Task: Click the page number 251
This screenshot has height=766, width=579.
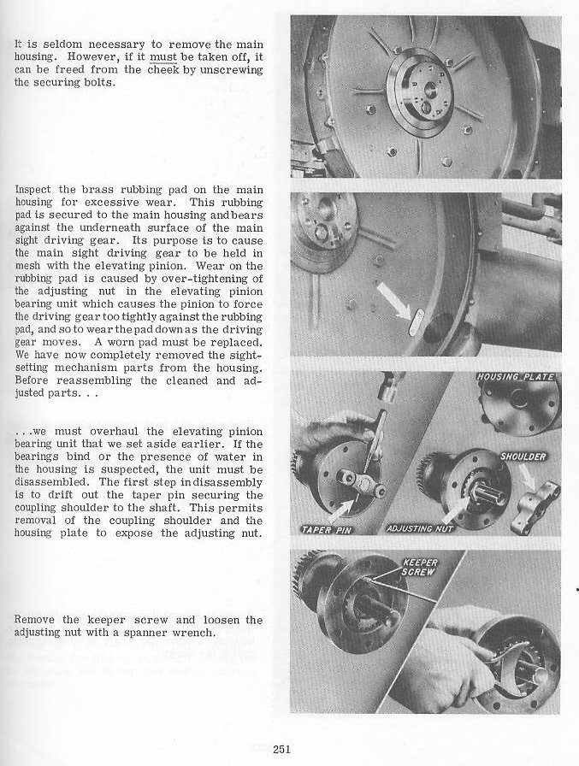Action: pyautogui.click(x=284, y=749)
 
